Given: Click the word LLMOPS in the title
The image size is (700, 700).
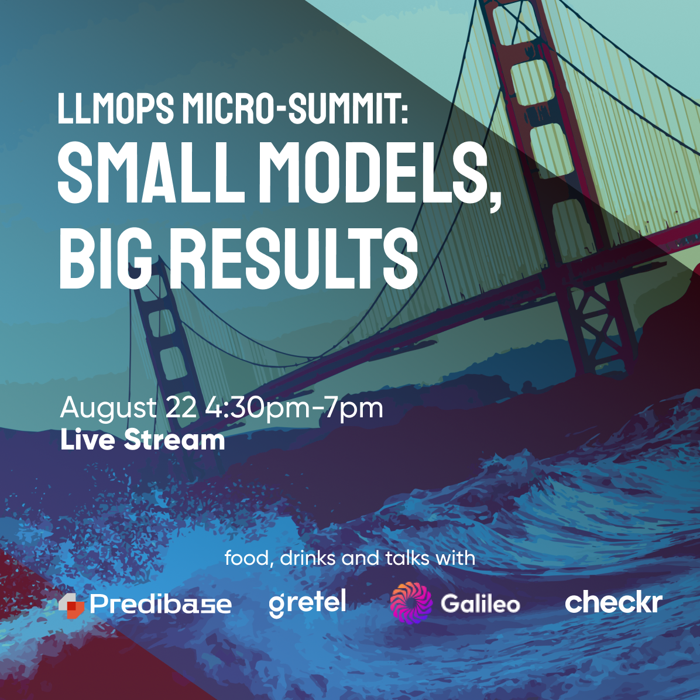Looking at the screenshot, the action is [116, 108].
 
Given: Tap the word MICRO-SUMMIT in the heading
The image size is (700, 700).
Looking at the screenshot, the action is [295, 108].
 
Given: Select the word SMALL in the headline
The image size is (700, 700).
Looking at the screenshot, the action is [152, 173].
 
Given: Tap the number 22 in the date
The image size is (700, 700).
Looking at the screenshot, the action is [181, 407].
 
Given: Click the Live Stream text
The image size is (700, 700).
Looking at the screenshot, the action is [142, 440].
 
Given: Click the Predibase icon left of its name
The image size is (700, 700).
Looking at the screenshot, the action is [71, 606].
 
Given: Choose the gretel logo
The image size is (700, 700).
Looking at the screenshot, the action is [307, 603].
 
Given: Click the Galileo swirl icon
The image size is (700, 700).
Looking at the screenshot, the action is [411, 603].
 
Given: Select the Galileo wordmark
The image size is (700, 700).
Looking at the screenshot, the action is [481, 603].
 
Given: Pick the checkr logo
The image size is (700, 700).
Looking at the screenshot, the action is [614, 601].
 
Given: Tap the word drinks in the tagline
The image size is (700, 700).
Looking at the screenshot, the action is [308, 558].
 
